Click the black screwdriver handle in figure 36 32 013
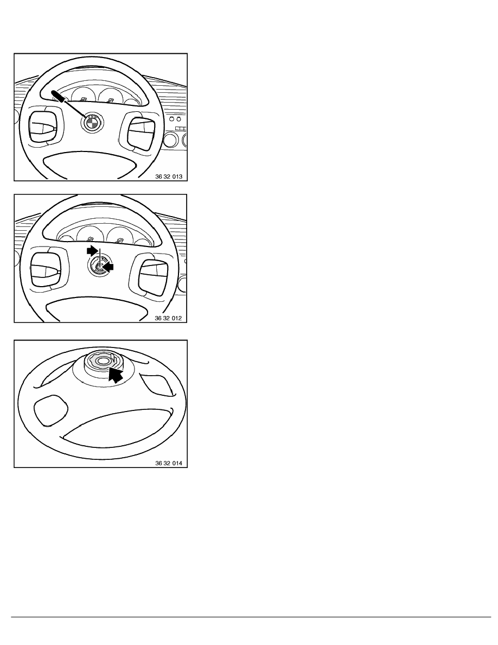pos(59,96)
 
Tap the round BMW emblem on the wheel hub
pos(92,122)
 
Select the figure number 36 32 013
pos(169,176)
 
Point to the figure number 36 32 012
pos(168,318)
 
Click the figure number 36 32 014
pos(169,463)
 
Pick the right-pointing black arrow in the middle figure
pos(92,250)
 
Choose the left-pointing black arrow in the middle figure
pos(108,267)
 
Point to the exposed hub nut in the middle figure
pos(99,266)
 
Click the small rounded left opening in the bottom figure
pos(50,410)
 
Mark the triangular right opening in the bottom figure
pos(157,384)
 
